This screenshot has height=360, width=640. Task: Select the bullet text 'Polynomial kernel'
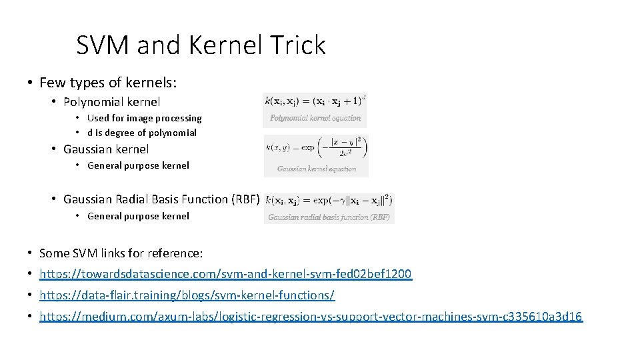(x=111, y=102)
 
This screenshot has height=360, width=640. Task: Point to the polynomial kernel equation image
(x=315, y=101)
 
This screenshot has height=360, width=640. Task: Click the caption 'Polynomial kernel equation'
(x=315, y=118)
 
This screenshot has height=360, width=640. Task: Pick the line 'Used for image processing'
(x=144, y=118)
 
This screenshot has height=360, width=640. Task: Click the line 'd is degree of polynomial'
(x=142, y=133)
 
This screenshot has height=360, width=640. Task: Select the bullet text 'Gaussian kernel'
(x=106, y=149)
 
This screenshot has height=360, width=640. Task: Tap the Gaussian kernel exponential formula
(x=316, y=149)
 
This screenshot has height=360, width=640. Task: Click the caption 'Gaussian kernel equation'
(x=317, y=169)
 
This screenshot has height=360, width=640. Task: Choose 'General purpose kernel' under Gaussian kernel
(x=138, y=165)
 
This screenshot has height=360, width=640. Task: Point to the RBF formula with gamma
(x=329, y=201)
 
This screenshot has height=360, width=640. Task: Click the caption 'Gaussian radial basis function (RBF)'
(x=329, y=217)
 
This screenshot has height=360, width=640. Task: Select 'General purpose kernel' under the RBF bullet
(x=138, y=216)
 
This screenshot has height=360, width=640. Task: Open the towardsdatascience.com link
(x=225, y=274)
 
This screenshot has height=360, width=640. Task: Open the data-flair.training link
(x=187, y=295)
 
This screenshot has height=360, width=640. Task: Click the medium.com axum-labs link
(x=311, y=317)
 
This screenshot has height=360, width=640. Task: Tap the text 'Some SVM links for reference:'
(x=121, y=253)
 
